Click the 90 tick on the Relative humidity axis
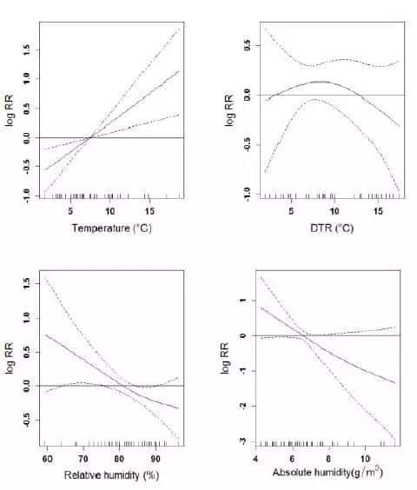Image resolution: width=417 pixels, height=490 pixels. coord(155,458)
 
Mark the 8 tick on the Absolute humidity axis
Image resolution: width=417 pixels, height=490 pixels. coord(329,458)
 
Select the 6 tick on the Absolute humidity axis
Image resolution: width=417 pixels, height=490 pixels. coord(293,458)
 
